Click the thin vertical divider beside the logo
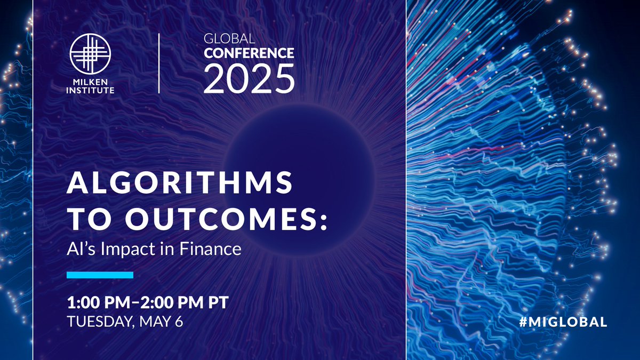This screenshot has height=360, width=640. point(158,63)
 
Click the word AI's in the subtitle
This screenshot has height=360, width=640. point(80,249)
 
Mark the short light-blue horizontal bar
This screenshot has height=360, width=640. point(100,275)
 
